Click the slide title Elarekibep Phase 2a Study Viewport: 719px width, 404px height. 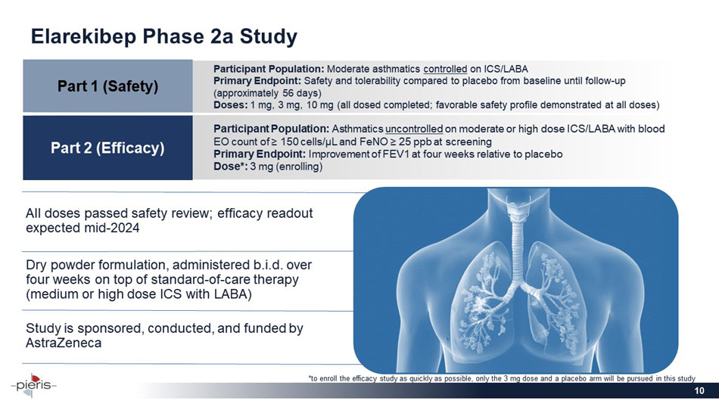click(x=163, y=36)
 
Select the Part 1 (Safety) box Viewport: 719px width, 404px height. click(x=107, y=85)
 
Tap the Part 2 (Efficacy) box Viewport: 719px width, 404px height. click(x=107, y=147)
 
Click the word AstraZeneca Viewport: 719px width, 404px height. click(x=64, y=343)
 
